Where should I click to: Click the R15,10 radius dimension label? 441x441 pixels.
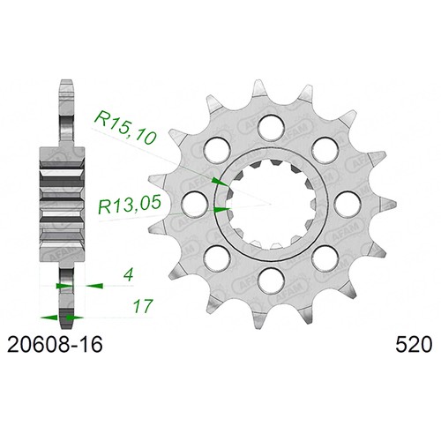tap(124, 127)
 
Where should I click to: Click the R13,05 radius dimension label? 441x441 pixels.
tap(130, 204)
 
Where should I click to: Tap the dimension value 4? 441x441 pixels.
tap(129, 275)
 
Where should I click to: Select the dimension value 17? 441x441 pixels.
tap(143, 307)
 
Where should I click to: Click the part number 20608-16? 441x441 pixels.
tap(55, 345)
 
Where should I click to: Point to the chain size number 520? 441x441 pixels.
tap(414, 345)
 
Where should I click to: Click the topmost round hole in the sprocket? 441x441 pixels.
tap(272, 127)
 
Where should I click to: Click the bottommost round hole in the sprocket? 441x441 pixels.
tap(272, 280)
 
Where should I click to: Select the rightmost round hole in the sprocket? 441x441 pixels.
tap(348, 204)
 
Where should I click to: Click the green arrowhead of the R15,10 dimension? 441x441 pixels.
tap(220, 182)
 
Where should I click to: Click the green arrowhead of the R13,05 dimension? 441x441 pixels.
tap(222, 209)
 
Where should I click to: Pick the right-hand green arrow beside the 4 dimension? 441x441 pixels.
tap(94, 286)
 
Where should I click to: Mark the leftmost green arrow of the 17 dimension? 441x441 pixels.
tap(49, 318)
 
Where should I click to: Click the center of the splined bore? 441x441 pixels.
tap(272, 204)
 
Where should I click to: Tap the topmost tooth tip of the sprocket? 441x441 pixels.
tap(258, 80)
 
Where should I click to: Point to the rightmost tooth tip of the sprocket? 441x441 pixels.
tap(394, 203)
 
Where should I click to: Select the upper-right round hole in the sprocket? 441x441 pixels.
tap(325, 150)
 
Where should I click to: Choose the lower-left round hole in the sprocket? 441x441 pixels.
tap(218, 258)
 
